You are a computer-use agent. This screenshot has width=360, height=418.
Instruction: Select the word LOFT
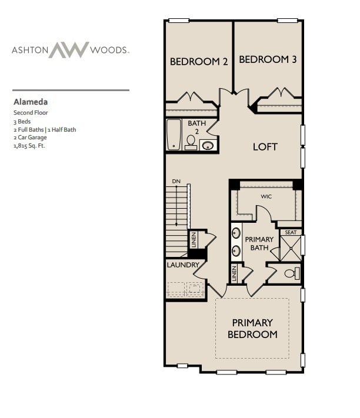[265, 146]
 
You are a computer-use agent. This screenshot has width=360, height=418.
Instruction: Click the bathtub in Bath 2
[174, 135]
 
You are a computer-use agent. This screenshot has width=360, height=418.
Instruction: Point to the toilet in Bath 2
[191, 142]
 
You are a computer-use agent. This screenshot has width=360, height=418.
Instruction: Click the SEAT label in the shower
[291, 232]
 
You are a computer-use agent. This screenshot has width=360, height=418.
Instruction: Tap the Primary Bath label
[259, 243]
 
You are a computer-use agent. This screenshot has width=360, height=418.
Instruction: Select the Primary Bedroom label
[252, 328]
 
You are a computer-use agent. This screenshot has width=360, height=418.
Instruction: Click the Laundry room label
[184, 265]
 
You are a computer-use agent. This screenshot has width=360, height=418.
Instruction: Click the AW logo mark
[68, 50]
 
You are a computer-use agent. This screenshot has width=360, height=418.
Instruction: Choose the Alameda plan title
[30, 101]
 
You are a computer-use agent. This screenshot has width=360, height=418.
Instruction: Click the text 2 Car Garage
[30, 138]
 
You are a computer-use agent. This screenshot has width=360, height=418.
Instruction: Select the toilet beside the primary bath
[290, 273]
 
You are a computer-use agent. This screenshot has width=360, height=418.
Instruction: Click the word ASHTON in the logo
[29, 51]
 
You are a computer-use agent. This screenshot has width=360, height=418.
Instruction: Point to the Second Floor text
[31, 112]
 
